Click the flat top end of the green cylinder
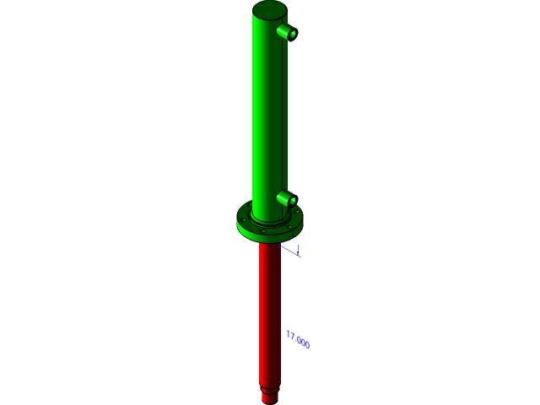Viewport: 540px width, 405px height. (269, 10)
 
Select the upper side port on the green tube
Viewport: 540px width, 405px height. (284, 31)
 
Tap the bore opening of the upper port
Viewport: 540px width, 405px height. (292, 35)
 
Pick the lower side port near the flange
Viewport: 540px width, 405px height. (284, 198)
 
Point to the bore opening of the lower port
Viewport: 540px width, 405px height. (292, 202)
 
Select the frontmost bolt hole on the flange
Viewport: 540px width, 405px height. (263, 230)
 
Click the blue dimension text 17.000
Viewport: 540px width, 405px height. (298, 340)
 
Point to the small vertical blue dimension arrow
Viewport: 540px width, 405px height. (298, 249)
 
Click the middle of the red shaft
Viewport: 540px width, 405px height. (269, 312)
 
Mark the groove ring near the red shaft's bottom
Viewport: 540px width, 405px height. (269, 390)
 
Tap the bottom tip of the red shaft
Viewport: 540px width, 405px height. (269, 401)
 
